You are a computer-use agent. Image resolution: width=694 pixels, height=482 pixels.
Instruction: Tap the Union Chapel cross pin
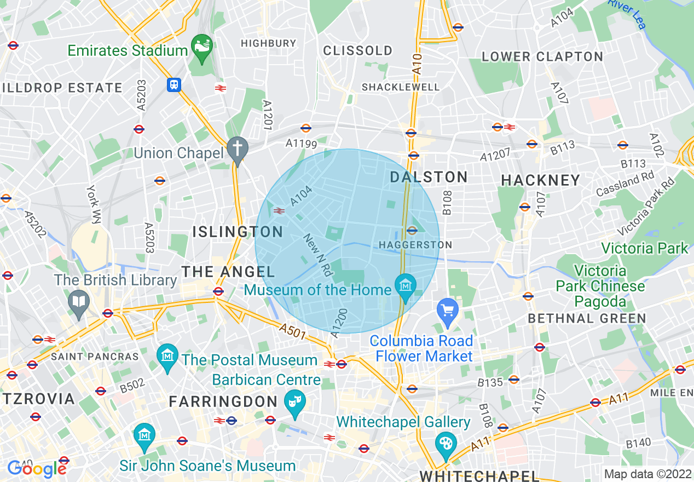coord(238,148)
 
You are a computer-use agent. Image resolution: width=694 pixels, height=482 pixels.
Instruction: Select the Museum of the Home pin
coord(406,286)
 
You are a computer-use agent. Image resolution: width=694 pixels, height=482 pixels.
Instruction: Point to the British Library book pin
coord(79,302)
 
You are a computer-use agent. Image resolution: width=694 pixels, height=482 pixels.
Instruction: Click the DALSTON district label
coord(429,177)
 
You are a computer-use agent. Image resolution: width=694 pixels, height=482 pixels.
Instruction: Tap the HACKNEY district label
coord(540,180)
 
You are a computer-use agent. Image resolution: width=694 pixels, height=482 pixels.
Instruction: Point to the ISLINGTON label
coord(238,232)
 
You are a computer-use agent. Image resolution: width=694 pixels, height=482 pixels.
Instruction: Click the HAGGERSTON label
coord(416,245)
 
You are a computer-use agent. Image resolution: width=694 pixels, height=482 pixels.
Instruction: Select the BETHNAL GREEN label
coord(587,318)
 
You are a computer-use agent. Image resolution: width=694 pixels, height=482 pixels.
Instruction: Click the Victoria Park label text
coord(644,248)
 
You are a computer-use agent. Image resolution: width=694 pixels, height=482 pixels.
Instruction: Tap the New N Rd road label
coord(318,255)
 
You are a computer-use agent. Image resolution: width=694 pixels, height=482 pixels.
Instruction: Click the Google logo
coord(36,468)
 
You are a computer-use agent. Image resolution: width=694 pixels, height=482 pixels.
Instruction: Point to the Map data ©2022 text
coord(647,474)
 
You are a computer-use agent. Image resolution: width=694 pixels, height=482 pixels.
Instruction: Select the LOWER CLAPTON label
coord(542,57)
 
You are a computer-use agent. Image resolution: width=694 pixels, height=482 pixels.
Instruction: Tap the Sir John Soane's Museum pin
coord(144,436)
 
